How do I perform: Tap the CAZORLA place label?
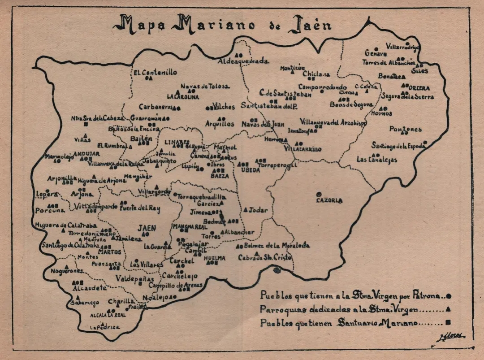point(329,200)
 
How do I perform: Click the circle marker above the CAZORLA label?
point(319,194)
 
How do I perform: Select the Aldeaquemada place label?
point(243,61)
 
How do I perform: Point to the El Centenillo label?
point(155,72)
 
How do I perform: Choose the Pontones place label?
point(405,130)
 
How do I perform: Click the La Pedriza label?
point(105,327)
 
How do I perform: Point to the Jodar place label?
point(258,210)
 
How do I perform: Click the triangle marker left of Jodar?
point(246,209)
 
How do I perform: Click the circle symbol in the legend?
point(449,296)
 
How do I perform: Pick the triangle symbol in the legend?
point(449,309)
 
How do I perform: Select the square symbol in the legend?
point(449,322)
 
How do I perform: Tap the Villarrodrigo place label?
point(402,46)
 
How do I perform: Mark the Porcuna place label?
point(50,210)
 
